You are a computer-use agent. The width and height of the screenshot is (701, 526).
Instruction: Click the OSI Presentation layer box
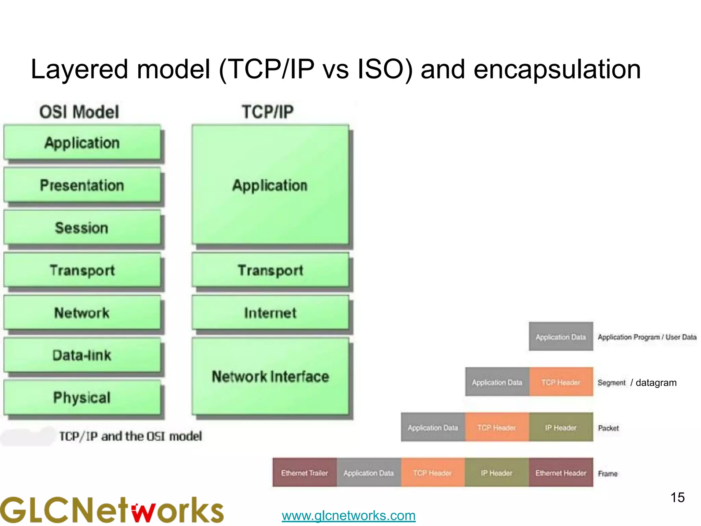(x=82, y=185)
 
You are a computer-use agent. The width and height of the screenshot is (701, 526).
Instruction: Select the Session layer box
(x=82, y=228)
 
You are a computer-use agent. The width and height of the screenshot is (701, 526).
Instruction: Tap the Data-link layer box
(x=82, y=355)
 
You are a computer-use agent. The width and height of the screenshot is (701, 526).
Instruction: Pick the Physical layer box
(x=82, y=398)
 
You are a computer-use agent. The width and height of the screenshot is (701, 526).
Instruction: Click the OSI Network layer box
(x=82, y=313)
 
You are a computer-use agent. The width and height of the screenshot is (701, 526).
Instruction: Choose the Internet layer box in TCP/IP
(x=270, y=313)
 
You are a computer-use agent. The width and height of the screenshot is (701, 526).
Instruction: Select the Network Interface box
(x=270, y=376)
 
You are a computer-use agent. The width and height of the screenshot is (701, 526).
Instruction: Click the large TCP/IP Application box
(x=270, y=185)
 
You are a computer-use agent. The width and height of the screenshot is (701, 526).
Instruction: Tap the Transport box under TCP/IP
(x=270, y=270)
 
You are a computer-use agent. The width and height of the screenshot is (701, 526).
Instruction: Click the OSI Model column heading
(x=79, y=112)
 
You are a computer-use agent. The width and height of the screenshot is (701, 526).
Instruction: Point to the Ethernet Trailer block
(x=305, y=473)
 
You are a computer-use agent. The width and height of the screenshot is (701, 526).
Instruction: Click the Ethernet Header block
(x=561, y=473)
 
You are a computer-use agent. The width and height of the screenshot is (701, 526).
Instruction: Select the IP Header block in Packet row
(x=561, y=427)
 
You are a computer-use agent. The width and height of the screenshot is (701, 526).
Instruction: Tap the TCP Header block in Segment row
(x=561, y=382)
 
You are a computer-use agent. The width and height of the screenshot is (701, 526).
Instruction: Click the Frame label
(x=608, y=474)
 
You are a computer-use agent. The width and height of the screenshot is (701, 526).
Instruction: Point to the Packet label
(x=608, y=428)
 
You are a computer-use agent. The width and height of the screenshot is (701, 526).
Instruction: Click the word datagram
(x=656, y=383)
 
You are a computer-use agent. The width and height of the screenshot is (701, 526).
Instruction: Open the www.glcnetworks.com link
(x=348, y=515)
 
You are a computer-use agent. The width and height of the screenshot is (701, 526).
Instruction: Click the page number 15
(x=677, y=497)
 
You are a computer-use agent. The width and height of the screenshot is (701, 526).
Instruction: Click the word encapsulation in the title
(x=557, y=70)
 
